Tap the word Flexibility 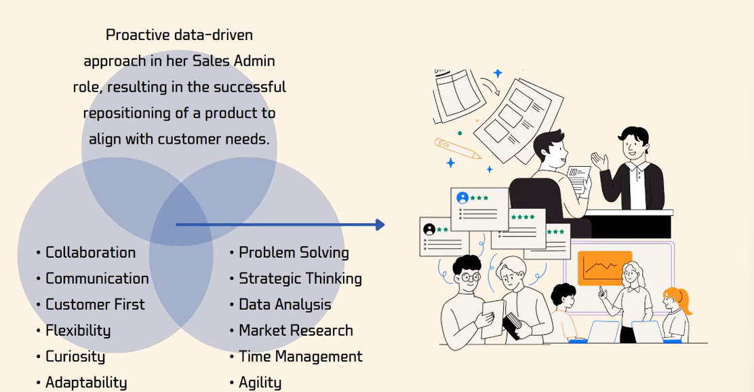click(78, 330)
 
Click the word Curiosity click(75, 357)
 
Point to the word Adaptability click(86, 383)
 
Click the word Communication click(97, 279)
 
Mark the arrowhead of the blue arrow click(380, 224)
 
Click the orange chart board click(604, 268)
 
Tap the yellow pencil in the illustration click(458, 149)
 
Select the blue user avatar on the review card click(462, 197)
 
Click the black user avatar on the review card click(429, 229)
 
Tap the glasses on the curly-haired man click(469, 277)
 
